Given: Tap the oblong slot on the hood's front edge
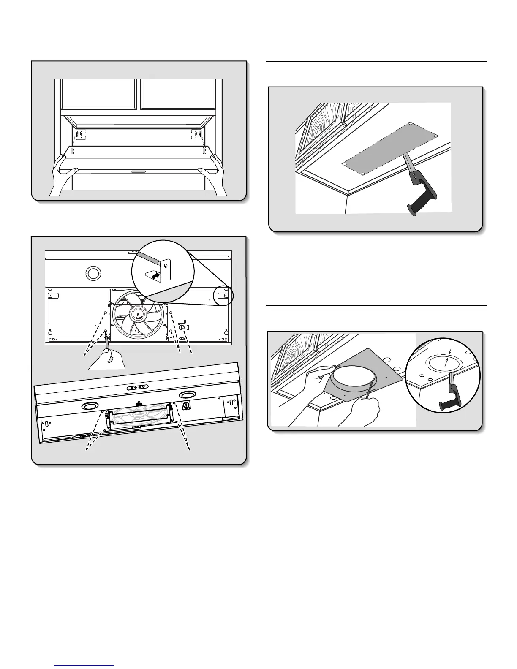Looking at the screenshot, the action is click(x=139, y=172).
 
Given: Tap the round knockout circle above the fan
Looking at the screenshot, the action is click(x=92, y=273).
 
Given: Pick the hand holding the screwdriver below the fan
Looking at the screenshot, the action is click(x=108, y=359).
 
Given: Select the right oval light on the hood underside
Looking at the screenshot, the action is click(x=186, y=394).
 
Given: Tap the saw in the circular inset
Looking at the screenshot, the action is click(x=450, y=395).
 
